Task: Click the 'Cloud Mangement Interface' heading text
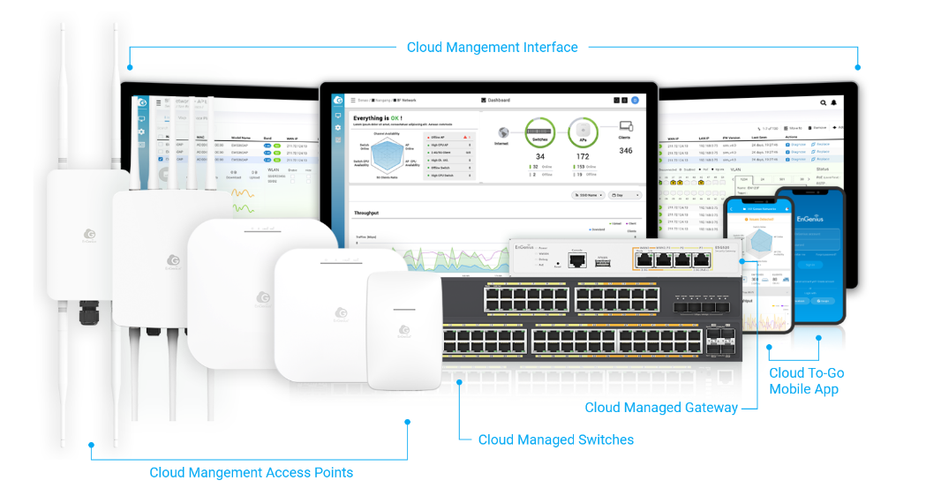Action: click(492, 48)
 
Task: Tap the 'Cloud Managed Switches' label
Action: click(555, 439)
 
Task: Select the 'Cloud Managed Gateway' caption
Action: click(661, 408)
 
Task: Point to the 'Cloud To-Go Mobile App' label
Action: click(806, 381)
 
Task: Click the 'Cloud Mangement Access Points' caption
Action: click(251, 473)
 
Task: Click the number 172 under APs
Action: click(582, 157)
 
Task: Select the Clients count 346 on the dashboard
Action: click(625, 151)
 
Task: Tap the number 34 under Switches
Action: click(540, 157)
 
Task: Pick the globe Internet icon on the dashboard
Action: click(502, 132)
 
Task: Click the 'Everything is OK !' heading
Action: click(378, 118)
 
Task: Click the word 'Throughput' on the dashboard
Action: click(366, 214)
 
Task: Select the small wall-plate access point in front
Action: click(403, 330)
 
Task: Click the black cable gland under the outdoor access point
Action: click(89, 311)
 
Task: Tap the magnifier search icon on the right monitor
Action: click(824, 103)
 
